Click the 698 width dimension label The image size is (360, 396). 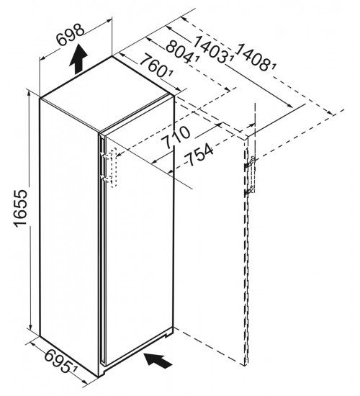tap(71, 35)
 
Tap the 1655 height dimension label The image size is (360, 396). tap(20, 208)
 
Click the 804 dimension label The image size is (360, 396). tap(181, 52)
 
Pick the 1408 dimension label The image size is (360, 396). tap(254, 57)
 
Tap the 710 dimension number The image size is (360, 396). tap(176, 138)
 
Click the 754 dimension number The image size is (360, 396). tap(199, 154)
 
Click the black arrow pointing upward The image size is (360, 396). tap(78, 59)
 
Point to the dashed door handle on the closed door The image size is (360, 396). tap(113, 168)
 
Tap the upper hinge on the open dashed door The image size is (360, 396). tap(250, 163)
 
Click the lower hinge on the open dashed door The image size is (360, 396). tap(250, 191)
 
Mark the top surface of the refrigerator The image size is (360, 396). tap(106, 94)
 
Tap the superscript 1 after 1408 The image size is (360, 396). tap(274, 66)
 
